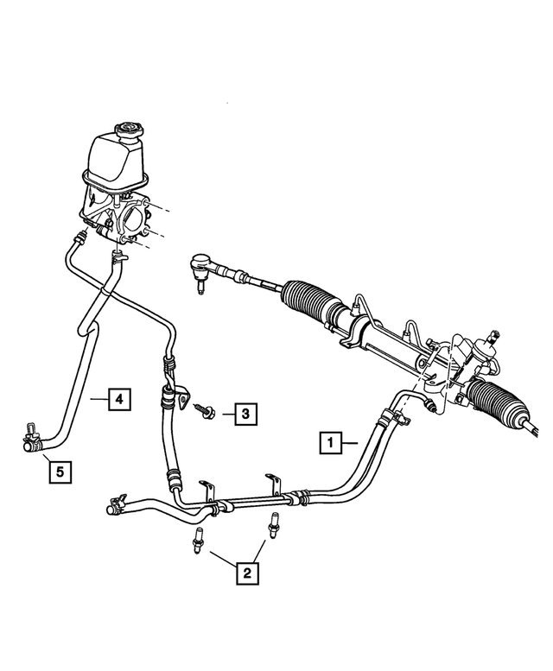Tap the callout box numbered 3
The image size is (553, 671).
[245, 415]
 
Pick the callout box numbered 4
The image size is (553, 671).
[120, 399]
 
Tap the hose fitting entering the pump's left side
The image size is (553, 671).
[89, 235]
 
